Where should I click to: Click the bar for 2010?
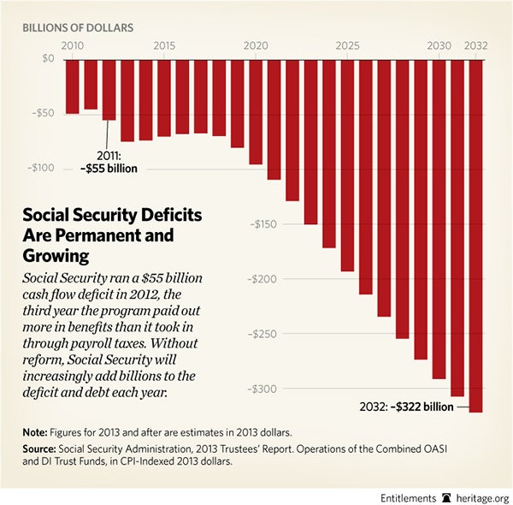click(x=73, y=86)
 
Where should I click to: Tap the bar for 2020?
click(x=256, y=111)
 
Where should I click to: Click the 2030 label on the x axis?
click(x=439, y=45)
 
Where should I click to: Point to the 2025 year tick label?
click(x=347, y=45)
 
